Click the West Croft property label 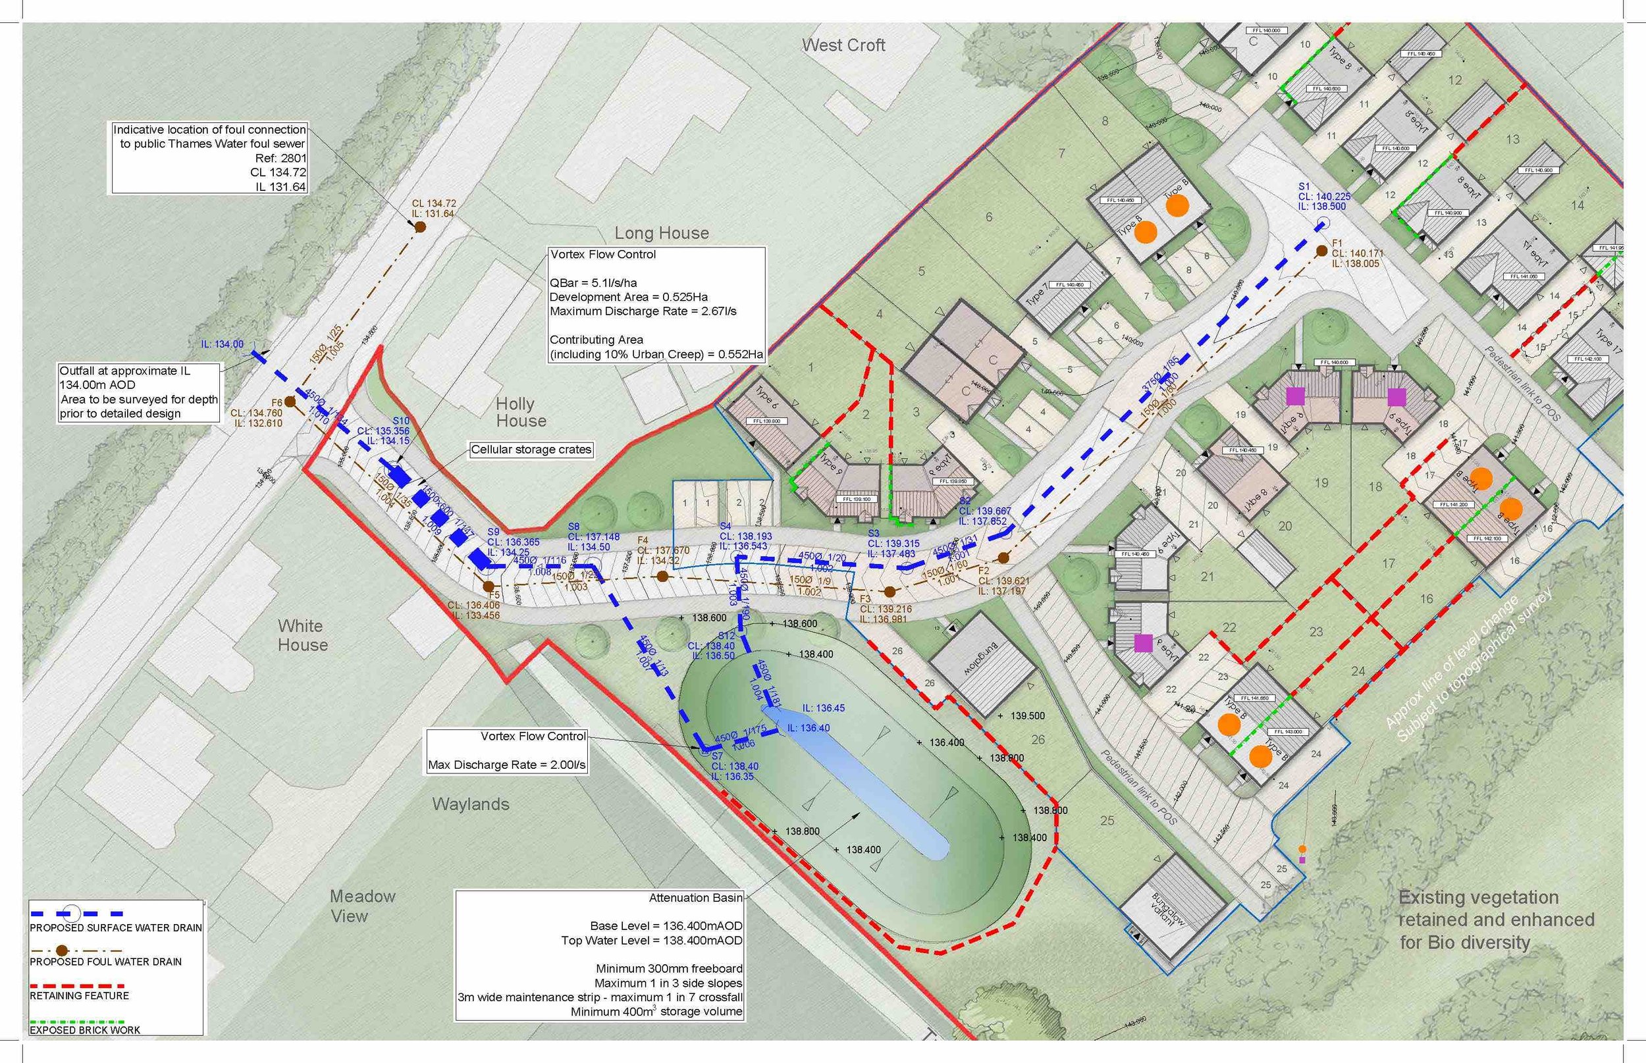[843, 45]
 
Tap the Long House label [662, 233]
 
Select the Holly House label [521, 412]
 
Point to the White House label [302, 635]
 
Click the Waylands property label [470, 804]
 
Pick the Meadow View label [363, 906]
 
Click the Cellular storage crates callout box [531, 450]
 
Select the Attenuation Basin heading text [695, 897]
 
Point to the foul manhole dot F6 [290, 401]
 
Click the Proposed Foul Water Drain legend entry [105, 962]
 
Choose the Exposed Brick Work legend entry [84, 1030]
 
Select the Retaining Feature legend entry [79, 995]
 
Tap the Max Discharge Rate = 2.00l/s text [507, 765]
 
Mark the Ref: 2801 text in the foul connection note [280, 158]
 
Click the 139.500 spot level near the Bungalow [1026, 716]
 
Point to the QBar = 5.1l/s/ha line [593, 282]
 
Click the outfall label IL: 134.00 [223, 344]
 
